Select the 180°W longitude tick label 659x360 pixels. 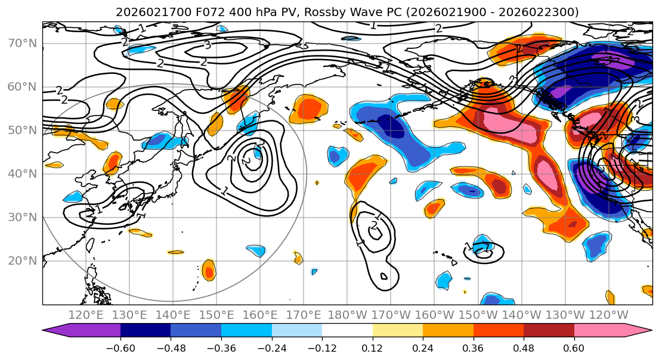click(x=347, y=315)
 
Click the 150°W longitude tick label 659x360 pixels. click(x=478, y=315)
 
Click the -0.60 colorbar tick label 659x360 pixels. click(x=120, y=347)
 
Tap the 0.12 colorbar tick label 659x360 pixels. click(x=373, y=347)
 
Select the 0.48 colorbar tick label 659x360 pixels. click(x=524, y=347)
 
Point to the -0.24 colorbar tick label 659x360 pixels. click(x=271, y=347)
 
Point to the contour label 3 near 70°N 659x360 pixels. click(x=207, y=45)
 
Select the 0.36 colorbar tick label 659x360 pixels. click(x=473, y=347)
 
